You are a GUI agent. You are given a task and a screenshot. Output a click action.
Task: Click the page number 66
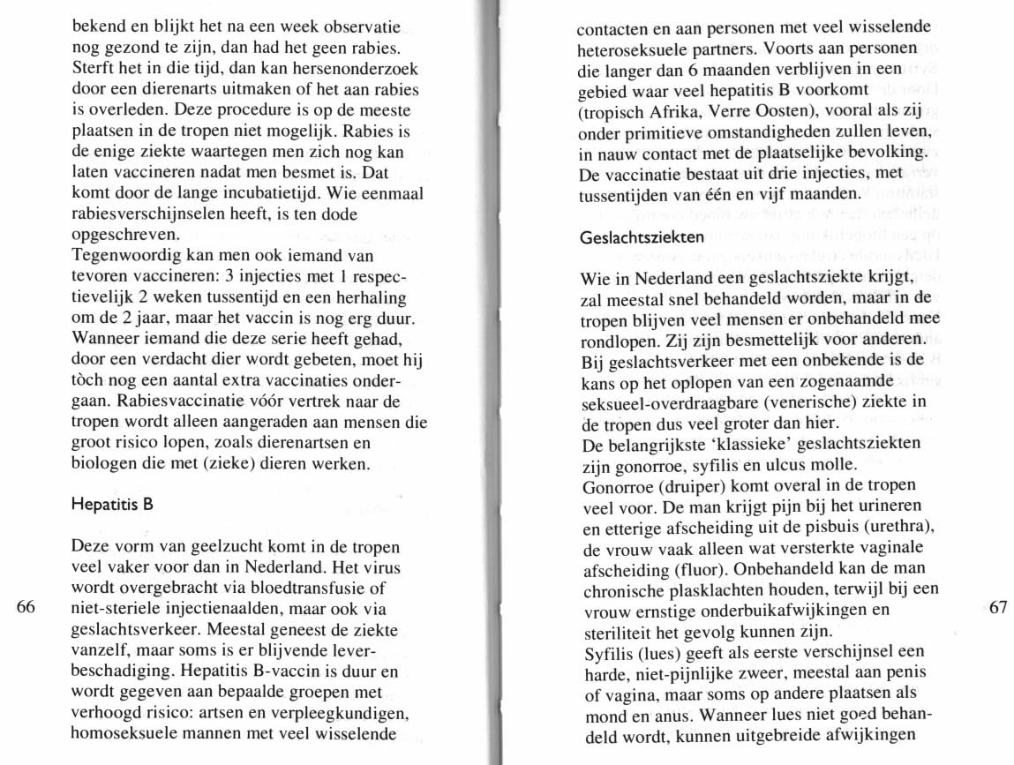click(25, 607)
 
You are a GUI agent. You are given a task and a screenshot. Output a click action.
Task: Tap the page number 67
click(997, 607)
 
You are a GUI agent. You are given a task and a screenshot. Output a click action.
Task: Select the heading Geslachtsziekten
click(642, 237)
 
